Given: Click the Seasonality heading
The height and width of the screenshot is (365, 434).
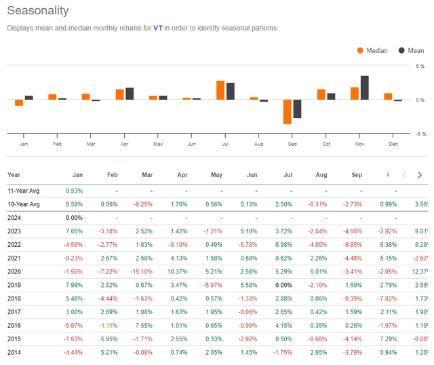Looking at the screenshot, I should pyautogui.click(x=37, y=12).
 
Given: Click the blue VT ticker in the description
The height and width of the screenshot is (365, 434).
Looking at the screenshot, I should pyautogui.click(x=158, y=28).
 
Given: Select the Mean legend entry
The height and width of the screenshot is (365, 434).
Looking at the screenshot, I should pyautogui.click(x=410, y=50).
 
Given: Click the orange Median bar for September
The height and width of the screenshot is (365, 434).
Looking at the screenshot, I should pyautogui.click(x=287, y=111).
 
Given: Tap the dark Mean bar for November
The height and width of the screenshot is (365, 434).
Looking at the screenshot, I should pyautogui.click(x=364, y=88).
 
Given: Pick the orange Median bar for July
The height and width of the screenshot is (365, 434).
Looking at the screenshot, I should pyautogui.click(x=220, y=90).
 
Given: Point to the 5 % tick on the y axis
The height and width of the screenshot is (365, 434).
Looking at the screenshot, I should pyautogui.click(x=420, y=66).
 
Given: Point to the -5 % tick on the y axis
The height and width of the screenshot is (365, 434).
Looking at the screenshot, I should pyautogui.click(x=420, y=134).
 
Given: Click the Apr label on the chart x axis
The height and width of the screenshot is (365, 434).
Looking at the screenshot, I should pyautogui.click(x=124, y=145).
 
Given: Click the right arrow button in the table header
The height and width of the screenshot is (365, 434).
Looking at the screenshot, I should pyautogui.click(x=421, y=174).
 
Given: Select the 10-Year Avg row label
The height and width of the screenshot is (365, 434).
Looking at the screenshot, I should pyautogui.click(x=25, y=204).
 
